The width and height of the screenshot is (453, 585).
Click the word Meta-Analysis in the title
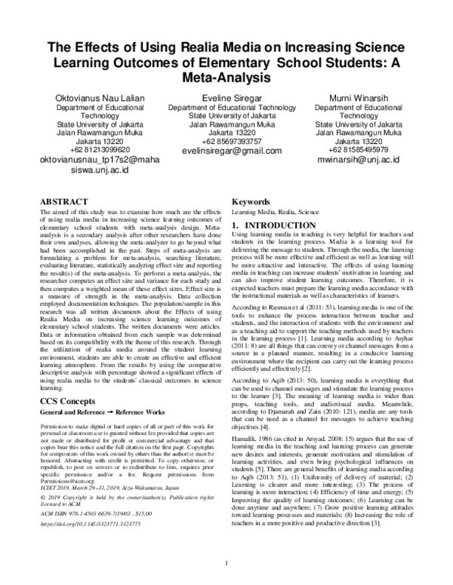226,77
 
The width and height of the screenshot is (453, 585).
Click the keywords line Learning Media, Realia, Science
277,214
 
